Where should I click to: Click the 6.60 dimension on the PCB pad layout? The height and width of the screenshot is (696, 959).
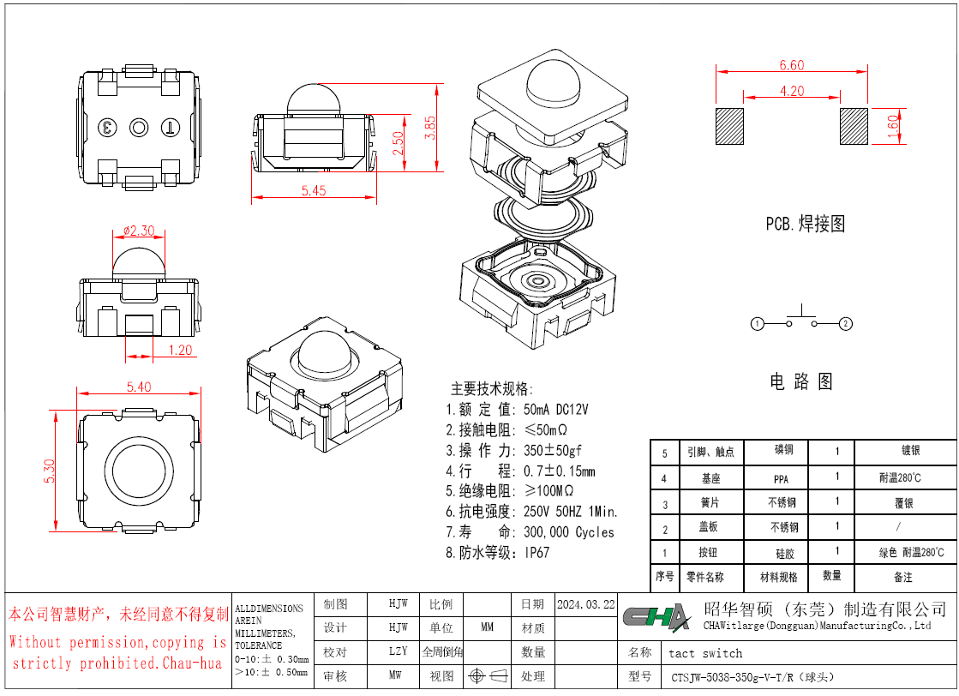point(791,65)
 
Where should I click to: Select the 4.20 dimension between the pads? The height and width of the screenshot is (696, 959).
point(791,91)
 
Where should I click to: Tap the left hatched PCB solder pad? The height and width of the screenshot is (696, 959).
point(729,127)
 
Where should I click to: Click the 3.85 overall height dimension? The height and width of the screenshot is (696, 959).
point(430,128)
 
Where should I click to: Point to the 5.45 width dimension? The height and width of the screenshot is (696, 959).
point(313,190)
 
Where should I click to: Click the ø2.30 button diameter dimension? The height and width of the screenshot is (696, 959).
point(139,231)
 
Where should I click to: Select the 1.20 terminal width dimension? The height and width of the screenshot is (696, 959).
point(181,350)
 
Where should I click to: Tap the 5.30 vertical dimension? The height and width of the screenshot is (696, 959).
point(50,471)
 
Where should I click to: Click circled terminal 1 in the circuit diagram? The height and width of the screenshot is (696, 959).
point(757,323)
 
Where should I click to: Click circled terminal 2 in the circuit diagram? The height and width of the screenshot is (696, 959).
point(845,323)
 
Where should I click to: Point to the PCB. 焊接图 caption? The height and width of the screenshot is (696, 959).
point(805,223)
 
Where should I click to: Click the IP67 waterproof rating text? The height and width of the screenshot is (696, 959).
point(537,552)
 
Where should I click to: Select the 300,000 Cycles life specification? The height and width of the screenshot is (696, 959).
point(569,532)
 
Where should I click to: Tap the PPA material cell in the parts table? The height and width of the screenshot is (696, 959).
point(781,479)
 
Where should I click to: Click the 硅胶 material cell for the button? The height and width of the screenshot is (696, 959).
point(785,554)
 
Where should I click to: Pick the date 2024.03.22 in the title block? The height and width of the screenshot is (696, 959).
point(586,604)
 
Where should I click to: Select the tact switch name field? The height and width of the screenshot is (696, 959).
point(705,653)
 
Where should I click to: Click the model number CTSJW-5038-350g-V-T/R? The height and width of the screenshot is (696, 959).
point(732,677)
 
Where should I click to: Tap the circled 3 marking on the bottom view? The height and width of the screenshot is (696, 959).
point(108,128)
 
